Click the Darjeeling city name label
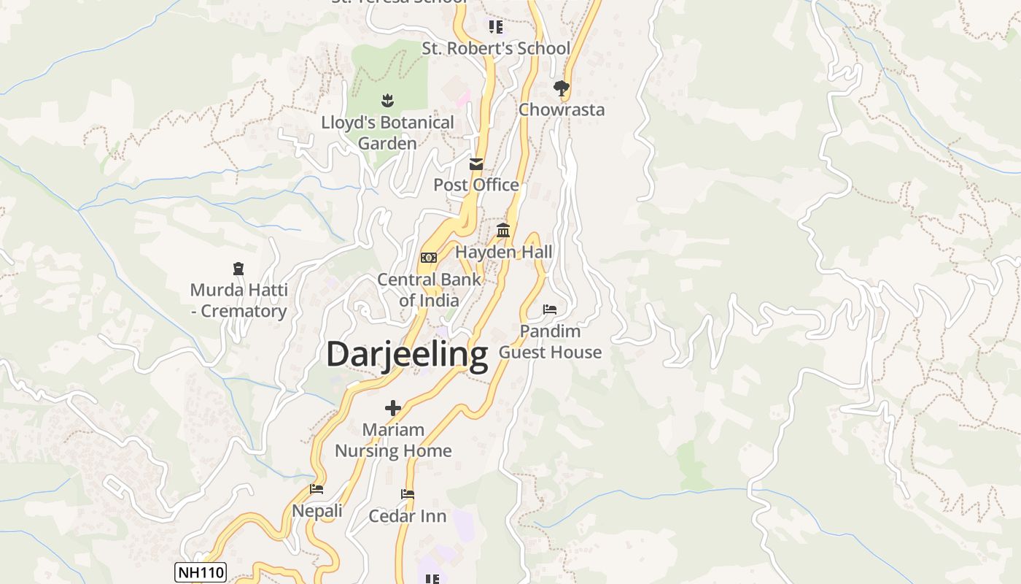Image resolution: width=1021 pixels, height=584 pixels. [407, 355]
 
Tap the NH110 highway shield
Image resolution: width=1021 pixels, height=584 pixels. [201, 572]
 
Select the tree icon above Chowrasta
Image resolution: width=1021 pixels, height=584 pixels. [561, 88]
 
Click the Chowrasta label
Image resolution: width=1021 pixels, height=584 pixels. [562, 109]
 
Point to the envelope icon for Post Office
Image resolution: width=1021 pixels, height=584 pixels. [476, 164]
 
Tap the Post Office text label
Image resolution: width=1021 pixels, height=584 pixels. [476, 185]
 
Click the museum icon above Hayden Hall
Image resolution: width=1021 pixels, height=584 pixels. [503, 231]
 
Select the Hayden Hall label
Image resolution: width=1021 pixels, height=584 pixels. [504, 252]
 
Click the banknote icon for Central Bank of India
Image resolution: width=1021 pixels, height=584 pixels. [429, 258]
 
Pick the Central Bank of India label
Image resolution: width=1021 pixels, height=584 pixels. [429, 290]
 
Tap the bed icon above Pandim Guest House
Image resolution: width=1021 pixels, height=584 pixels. [550, 310]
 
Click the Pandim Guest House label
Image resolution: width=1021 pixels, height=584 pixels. [550, 342]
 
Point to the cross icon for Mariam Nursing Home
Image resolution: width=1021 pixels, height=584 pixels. [393, 408]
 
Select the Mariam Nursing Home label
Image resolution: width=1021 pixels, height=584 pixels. [393, 440]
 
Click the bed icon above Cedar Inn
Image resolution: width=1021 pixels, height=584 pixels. [408, 495]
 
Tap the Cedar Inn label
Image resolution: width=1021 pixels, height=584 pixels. [408, 516]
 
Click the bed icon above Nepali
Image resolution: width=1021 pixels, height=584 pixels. [317, 489]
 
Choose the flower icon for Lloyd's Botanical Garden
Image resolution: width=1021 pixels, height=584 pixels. [387, 100]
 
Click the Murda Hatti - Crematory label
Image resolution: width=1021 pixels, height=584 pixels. [238, 300]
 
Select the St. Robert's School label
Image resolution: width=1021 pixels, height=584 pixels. [496, 48]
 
